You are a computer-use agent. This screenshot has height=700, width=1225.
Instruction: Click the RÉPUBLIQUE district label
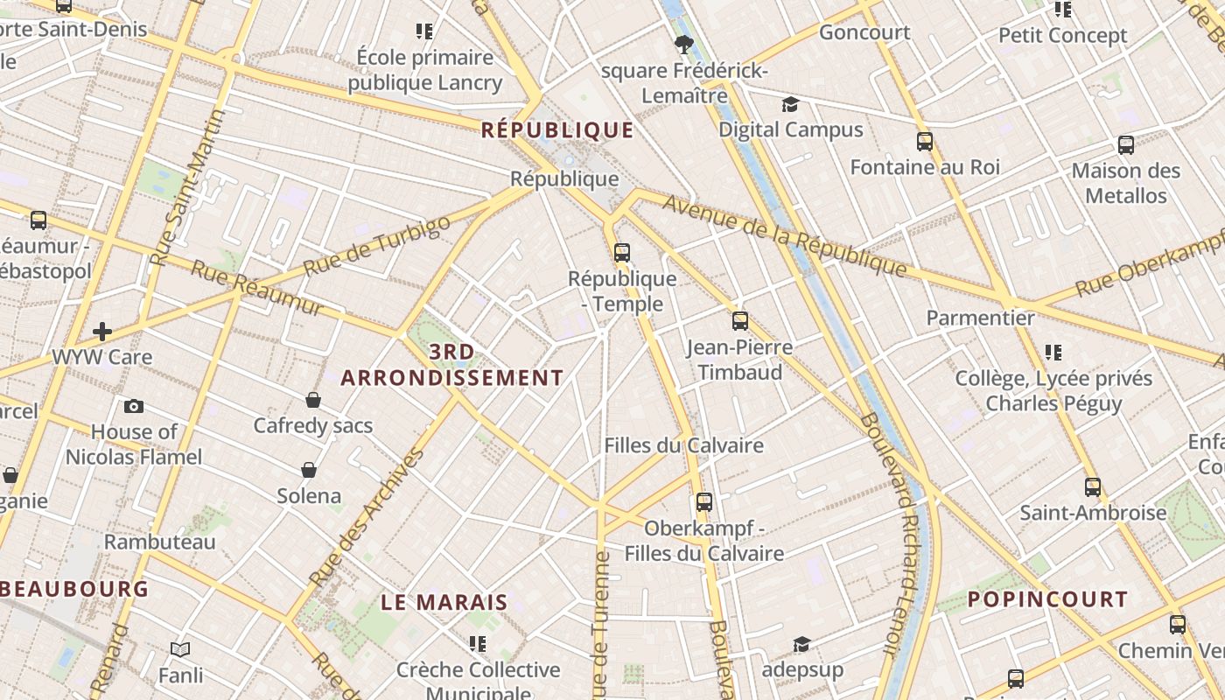[x=557, y=130]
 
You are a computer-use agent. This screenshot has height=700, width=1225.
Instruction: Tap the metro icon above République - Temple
[x=621, y=253]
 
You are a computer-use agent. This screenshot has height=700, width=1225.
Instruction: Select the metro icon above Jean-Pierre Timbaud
[x=740, y=321]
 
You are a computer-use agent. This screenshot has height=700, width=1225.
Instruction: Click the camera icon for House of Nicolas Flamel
[x=134, y=406]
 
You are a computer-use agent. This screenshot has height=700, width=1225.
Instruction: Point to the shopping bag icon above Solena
[x=309, y=470]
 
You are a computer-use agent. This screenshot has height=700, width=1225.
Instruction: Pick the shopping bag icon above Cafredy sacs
[x=313, y=400]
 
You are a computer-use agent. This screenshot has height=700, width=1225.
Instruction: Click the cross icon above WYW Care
[x=102, y=332]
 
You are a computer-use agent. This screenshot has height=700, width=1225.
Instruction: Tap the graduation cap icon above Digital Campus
[x=791, y=105]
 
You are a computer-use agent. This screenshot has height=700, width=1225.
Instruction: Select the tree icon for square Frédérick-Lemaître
[x=684, y=44]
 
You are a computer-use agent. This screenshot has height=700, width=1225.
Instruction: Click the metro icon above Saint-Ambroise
[x=1093, y=486]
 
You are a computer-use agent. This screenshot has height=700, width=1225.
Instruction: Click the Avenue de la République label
[x=783, y=235]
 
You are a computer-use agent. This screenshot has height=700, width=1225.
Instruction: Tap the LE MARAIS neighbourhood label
[x=444, y=602]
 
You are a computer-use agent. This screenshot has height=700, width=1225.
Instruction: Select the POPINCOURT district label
[x=1047, y=599]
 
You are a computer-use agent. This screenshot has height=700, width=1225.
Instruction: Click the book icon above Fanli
[x=180, y=650]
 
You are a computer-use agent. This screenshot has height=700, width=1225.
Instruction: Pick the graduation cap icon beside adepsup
[x=801, y=645]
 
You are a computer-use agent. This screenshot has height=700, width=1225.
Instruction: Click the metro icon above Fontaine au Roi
[x=925, y=141]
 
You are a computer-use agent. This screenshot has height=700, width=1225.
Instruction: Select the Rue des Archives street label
[x=367, y=516]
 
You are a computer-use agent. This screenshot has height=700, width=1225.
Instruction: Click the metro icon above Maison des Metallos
[x=1126, y=145]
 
